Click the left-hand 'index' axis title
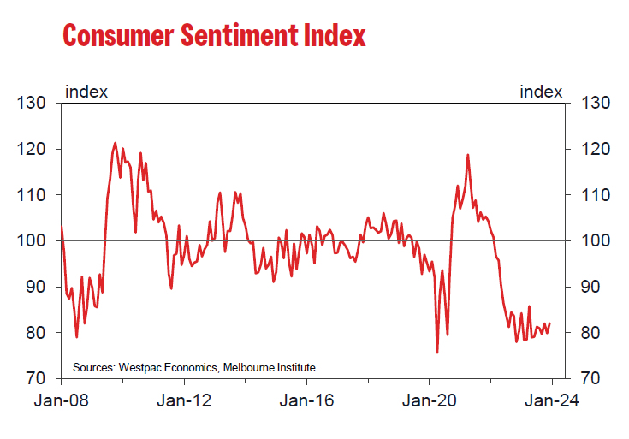(86, 91)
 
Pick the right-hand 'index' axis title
(541, 91)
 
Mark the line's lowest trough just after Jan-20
(437, 352)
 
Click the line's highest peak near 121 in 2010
(116, 143)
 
